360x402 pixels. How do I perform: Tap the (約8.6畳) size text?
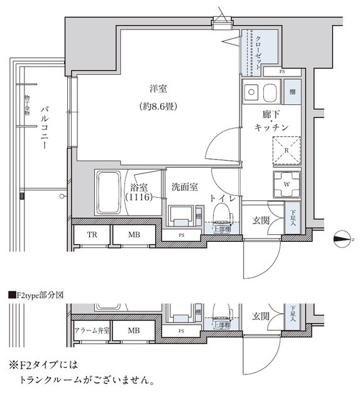pos(156,107)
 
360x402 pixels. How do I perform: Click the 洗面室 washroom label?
pos(185,187)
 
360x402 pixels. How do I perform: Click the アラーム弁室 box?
pos(92,329)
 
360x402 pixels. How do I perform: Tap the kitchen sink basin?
pos(270,95)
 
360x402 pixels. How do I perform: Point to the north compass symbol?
pos(343,237)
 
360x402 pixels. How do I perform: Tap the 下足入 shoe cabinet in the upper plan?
pos(293,218)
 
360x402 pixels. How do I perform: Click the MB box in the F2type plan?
pos(134,329)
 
